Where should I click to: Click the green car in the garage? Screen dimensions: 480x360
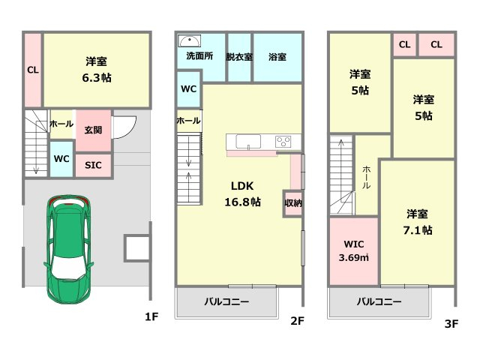tap(68, 250)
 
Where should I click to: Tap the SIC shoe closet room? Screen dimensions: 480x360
tap(93, 165)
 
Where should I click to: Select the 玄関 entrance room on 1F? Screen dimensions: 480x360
tap(93, 130)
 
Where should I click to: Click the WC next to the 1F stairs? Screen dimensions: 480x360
tap(61, 159)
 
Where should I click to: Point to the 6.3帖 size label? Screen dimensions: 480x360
tap(97, 78)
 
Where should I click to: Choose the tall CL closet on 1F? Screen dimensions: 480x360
tap(33, 70)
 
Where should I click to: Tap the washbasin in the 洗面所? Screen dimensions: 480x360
tap(190, 40)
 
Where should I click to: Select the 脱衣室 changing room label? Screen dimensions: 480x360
tap(239, 57)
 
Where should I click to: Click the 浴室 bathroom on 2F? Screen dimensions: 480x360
tap(277, 58)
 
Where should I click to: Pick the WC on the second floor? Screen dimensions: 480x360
tap(189, 89)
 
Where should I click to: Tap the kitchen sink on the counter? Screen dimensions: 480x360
tap(248, 142)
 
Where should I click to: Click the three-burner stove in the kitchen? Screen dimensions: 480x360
tap(283, 142)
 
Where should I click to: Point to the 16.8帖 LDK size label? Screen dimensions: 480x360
tap(243, 202)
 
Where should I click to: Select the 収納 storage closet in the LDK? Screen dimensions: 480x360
tap(293, 203)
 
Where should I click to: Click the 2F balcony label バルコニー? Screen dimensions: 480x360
tap(226, 301)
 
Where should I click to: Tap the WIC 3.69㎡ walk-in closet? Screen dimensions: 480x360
tap(354, 251)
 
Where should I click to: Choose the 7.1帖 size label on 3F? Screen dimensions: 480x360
tap(418, 230)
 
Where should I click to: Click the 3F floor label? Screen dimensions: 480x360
tap(451, 323)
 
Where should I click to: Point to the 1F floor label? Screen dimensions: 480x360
tap(151, 316)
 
